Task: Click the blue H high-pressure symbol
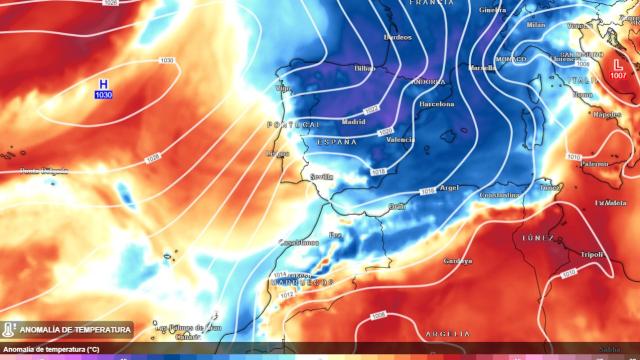click(x=103, y=84)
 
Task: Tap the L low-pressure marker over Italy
click(x=617, y=64)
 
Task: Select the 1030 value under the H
click(x=103, y=95)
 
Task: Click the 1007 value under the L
click(x=618, y=76)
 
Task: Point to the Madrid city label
click(x=353, y=121)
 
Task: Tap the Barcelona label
click(x=436, y=103)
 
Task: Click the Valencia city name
click(x=400, y=139)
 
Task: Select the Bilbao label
click(x=364, y=68)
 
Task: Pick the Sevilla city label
click(x=321, y=176)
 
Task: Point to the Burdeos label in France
click(x=397, y=37)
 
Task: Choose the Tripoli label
click(x=591, y=254)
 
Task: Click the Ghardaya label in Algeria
click(x=457, y=260)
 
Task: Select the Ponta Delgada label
click(x=45, y=171)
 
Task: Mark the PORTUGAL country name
click(x=293, y=124)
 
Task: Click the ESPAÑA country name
click(x=336, y=143)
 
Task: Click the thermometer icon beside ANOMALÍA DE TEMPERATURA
click(x=9, y=329)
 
